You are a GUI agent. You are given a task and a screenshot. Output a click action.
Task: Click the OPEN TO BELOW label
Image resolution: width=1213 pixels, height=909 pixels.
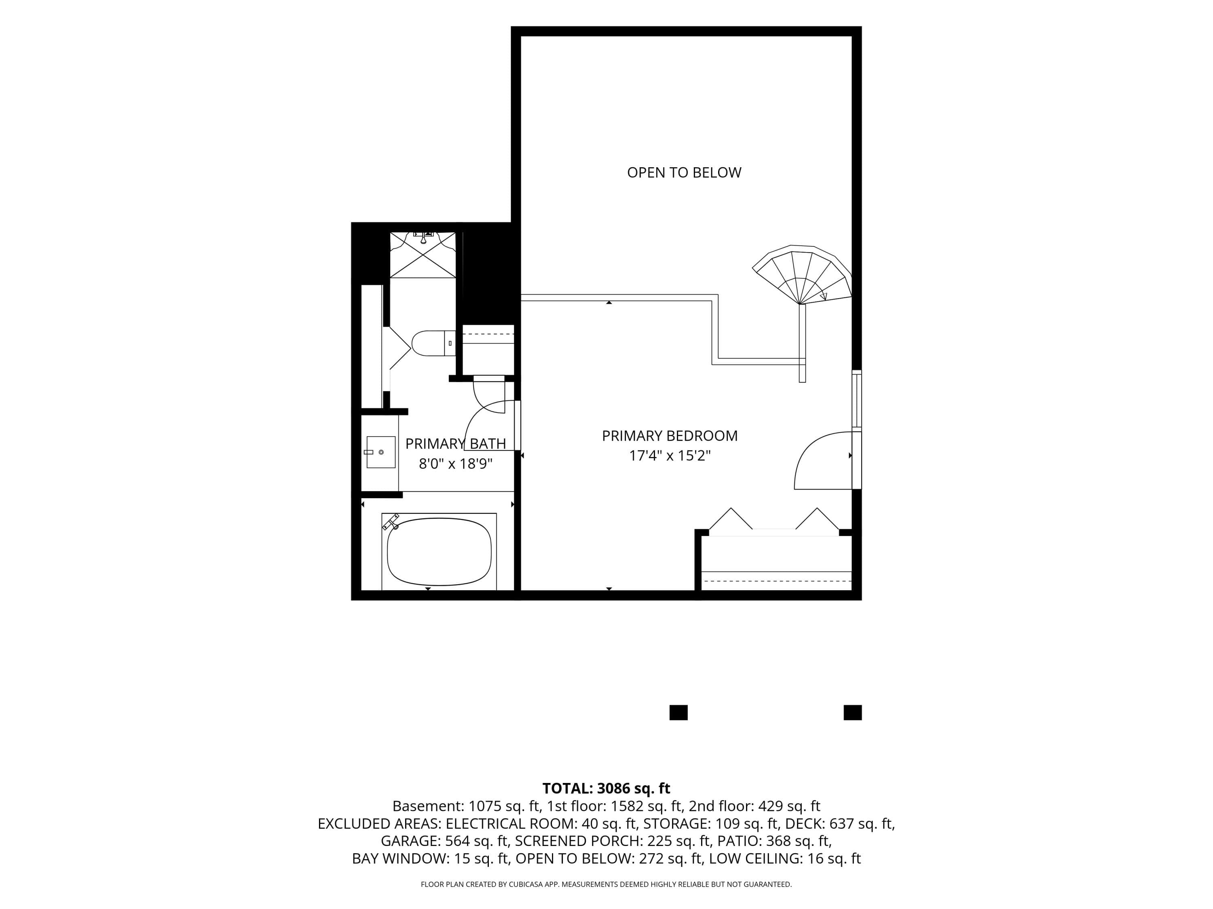pos(684,173)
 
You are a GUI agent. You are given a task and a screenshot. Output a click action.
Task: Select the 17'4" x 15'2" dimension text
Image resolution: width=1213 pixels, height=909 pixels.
pos(670,456)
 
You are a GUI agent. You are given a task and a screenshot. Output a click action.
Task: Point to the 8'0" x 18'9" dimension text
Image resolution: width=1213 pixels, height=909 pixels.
pos(456,464)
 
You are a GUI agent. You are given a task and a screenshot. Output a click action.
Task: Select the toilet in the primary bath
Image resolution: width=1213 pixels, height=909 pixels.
pos(433,343)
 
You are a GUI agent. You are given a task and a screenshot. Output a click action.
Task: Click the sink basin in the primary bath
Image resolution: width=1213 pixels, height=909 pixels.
pos(380,452)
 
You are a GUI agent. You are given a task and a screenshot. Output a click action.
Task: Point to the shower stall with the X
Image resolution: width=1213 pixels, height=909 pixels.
pos(423,255)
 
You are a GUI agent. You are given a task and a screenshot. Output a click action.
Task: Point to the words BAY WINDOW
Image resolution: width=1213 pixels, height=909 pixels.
pos(399,858)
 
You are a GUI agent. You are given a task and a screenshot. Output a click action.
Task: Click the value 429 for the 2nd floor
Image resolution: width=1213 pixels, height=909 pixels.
pos(770,806)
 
